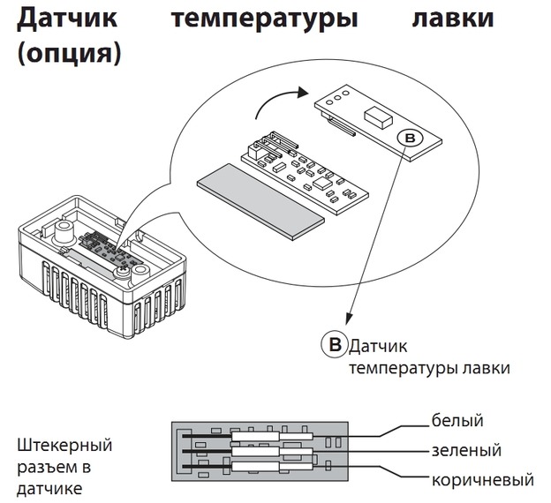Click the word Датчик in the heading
67,19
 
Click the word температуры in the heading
265,19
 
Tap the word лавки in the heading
453,19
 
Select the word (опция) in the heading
69,55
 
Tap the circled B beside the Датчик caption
335,344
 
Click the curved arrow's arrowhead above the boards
302,93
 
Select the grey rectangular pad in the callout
260,201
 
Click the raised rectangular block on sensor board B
378,117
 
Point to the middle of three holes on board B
337,97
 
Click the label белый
457,420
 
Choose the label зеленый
466,450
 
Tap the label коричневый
483,480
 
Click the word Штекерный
64,447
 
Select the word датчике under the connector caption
49,489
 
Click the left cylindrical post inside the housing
64,232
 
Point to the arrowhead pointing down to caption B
349,319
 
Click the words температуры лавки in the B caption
429,369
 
